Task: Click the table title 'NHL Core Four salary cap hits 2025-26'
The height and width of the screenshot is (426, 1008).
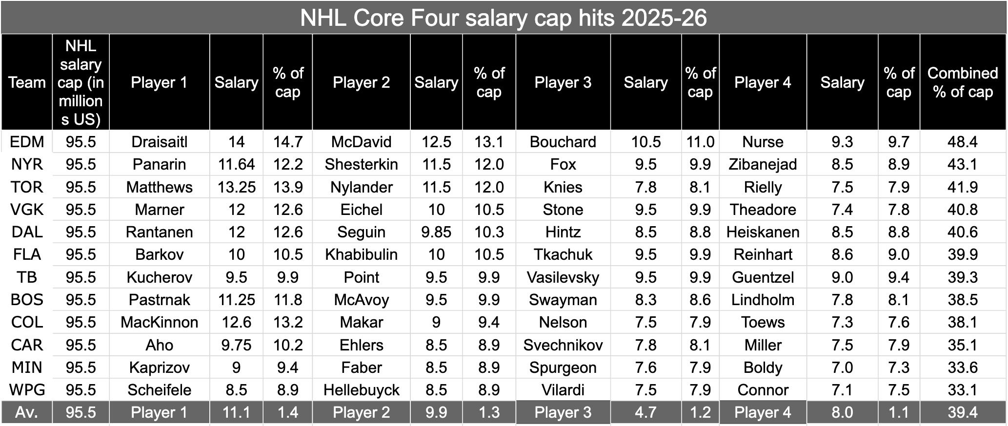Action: (503, 18)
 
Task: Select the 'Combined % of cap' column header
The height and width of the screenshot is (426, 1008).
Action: (962, 82)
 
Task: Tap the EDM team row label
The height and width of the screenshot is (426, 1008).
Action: (27, 142)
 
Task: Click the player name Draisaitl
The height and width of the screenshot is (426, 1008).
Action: (159, 142)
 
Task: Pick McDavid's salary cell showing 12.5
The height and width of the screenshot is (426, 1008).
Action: (436, 142)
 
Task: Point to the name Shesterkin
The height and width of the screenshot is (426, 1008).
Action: (361, 164)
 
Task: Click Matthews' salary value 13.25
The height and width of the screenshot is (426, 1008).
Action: (236, 187)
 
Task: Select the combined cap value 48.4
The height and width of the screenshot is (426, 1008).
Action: (962, 142)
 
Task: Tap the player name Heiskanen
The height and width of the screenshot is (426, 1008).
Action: (763, 232)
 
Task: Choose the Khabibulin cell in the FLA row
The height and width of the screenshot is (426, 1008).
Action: (361, 254)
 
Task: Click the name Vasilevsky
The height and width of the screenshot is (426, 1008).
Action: (563, 277)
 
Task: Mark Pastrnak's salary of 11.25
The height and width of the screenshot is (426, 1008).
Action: (236, 300)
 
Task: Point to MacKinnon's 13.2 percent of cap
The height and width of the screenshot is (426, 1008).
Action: (287, 322)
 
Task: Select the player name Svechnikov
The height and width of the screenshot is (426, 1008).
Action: (563, 345)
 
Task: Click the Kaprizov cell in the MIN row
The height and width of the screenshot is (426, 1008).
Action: (159, 368)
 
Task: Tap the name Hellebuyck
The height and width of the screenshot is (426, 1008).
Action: (361, 390)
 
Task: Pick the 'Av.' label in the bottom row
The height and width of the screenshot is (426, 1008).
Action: (27, 412)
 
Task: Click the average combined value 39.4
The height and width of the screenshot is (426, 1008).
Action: (962, 412)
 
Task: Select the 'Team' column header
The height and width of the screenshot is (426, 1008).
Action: (27, 82)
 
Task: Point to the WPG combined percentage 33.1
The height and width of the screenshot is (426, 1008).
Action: (962, 390)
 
